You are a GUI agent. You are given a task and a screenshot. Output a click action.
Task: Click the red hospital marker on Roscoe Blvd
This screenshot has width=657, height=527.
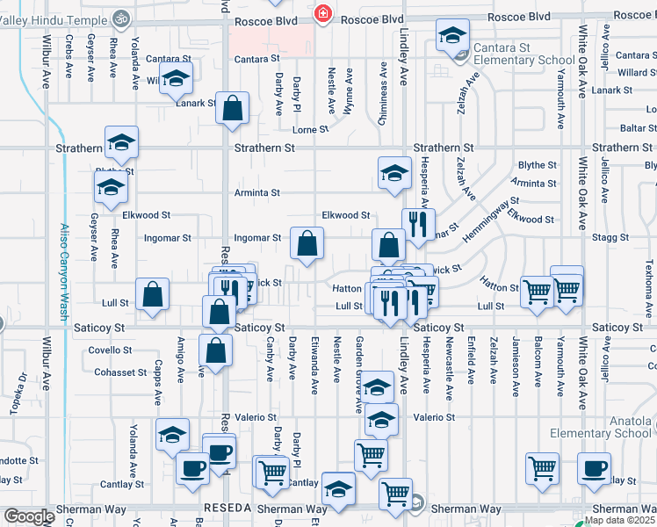coord(323,14)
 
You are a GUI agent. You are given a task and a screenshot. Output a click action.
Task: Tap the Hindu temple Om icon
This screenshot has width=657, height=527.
coord(122,18)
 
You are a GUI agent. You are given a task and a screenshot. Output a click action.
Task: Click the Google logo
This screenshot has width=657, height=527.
coord(28,516)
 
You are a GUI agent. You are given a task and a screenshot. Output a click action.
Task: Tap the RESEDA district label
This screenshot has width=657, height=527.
coord(227,509)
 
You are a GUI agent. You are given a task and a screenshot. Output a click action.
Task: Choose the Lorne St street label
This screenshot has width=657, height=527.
coord(310,129)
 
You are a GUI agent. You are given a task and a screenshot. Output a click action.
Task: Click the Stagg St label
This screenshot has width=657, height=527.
coord(611,237)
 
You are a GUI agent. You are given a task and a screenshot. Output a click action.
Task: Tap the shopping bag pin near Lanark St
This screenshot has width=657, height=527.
coord(233,109)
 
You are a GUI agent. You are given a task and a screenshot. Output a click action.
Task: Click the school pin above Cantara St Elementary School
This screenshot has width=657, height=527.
coord(452,35)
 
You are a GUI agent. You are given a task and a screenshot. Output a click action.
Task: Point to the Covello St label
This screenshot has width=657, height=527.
coord(111,350)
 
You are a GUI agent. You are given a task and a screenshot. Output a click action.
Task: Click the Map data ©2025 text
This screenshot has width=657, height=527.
coord(620,520)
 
